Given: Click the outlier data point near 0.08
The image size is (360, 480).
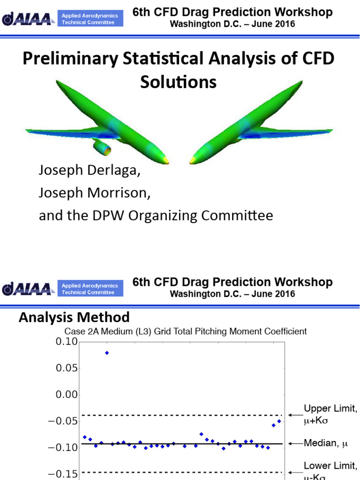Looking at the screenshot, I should [107, 352].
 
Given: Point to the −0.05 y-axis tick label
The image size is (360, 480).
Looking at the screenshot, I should [63, 421].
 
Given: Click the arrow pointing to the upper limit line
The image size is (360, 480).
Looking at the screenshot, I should [294, 415].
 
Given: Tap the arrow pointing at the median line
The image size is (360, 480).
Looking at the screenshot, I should [294, 443].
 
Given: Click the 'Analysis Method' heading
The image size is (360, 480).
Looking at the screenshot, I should [74, 318].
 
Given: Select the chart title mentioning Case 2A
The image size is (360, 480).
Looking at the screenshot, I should [185, 331].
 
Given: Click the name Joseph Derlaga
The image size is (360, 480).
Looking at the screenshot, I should [89, 171].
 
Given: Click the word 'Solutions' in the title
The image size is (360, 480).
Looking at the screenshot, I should [179, 82].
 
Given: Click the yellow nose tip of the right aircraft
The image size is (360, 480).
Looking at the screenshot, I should [193, 161].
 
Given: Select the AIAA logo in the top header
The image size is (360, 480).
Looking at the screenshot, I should [27, 19].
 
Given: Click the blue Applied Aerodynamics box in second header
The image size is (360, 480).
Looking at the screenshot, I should [90, 289].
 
